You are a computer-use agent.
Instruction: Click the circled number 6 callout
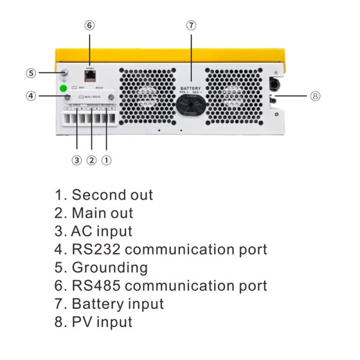[x=89, y=25]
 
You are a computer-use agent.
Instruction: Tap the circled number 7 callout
[x=191, y=25]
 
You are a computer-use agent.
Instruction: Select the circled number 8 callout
[x=315, y=96]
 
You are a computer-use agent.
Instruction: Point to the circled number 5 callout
[x=31, y=73]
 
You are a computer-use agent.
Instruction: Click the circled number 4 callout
[x=31, y=95]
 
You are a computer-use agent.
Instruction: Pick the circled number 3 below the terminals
[x=76, y=160]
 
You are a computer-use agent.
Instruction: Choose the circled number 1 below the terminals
[x=106, y=160]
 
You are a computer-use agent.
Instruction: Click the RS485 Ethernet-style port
[x=90, y=77]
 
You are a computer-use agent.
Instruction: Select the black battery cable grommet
[x=191, y=106]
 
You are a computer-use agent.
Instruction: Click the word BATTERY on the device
[x=191, y=88]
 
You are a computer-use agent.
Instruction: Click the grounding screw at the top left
[x=64, y=73]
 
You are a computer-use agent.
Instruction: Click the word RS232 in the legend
[x=97, y=249]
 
